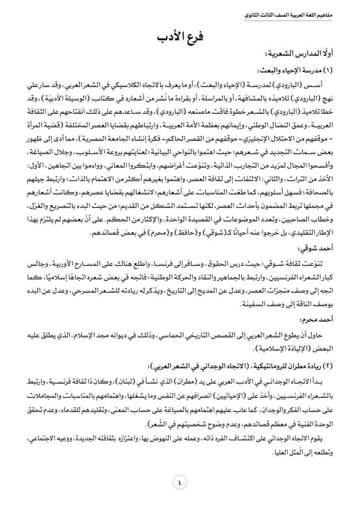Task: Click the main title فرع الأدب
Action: [181, 37]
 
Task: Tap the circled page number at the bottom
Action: [179, 483]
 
